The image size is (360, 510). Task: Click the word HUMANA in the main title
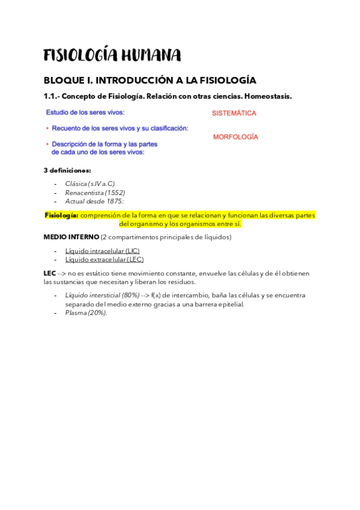[x=151, y=56]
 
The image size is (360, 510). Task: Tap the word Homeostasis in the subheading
[x=268, y=96]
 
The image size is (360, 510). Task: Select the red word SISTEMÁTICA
[x=234, y=113]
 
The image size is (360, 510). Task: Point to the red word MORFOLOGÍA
[x=236, y=137]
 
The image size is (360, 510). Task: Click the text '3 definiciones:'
[x=67, y=170]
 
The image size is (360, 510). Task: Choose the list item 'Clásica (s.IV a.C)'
[x=90, y=183]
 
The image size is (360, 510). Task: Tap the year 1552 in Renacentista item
[x=114, y=192]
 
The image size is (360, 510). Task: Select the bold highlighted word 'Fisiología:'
[x=61, y=215]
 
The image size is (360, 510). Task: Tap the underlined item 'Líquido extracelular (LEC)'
[x=104, y=259]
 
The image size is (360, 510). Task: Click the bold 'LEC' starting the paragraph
[x=50, y=273]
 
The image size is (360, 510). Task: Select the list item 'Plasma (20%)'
[x=86, y=313]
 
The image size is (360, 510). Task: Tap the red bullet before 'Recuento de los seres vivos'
[x=47, y=128]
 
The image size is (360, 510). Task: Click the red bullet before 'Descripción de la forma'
[x=47, y=144]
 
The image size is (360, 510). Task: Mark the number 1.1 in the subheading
[x=50, y=96]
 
